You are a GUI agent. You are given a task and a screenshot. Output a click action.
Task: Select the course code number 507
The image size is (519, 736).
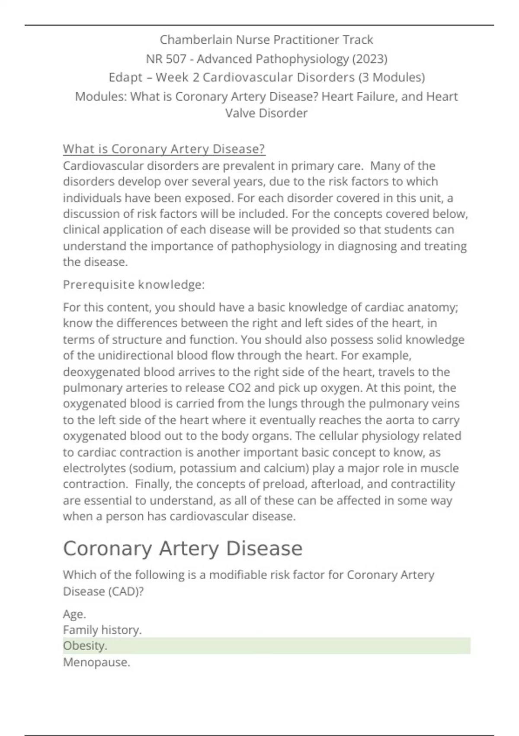(176, 59)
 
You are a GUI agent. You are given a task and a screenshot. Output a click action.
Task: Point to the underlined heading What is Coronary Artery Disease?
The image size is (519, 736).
(164, 149)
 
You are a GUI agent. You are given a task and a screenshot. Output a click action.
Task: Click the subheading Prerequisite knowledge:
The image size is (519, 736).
(134, 285)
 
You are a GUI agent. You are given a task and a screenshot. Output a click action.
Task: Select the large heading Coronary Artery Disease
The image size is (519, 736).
(183, 549)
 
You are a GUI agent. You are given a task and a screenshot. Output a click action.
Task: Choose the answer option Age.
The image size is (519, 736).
(74, 614)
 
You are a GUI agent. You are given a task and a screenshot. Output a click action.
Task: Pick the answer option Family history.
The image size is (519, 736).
(102, 630)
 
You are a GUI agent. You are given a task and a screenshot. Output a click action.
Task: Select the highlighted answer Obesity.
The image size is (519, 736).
(85, 646)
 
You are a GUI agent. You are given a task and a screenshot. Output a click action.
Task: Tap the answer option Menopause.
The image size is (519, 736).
(96, 662)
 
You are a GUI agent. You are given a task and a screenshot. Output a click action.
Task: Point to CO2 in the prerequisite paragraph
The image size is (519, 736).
(239, 388)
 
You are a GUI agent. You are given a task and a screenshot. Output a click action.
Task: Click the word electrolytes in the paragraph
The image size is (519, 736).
(94, 468)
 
